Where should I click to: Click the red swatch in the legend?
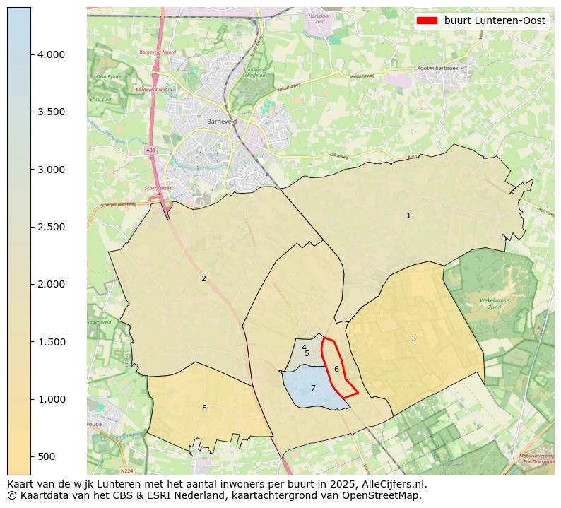[x=427, y=20]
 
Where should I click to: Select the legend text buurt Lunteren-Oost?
[x=495, y=20]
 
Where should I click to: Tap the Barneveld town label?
[x=222, y=122]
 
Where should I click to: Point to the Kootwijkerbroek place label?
[x=438, y=68]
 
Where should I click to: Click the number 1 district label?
[x=408, y=215]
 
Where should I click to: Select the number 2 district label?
[x=203, y=278]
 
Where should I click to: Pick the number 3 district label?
[x=413, y=338]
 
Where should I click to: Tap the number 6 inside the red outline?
[x=336, y=369]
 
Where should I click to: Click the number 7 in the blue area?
[x=313, y=388]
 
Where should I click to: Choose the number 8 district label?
[x=204, y=408]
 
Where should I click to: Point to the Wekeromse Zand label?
[x=495, y=304]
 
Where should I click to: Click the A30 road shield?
[x=150, y=150]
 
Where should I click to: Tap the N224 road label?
[x=126, y=471]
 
